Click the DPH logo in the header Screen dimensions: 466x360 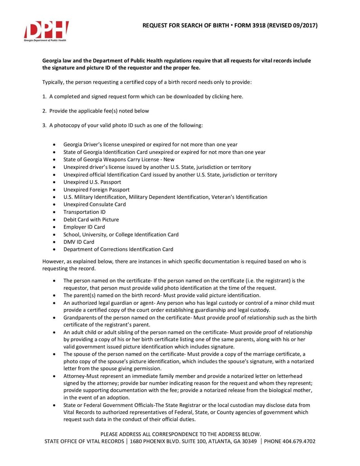[46, 31]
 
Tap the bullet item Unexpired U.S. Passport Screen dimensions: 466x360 [92, 182]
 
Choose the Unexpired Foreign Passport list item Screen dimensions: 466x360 [96, 190]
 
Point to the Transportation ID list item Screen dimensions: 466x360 [84, 212]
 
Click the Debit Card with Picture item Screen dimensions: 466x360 [91, 219]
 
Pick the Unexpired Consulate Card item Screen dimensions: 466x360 [94, 204]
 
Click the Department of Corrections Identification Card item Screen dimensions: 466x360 [118, 249]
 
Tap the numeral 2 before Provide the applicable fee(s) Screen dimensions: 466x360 [44, 111]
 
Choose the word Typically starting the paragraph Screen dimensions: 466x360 [54, 82]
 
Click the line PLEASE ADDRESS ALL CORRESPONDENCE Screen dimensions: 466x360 [180, 434]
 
